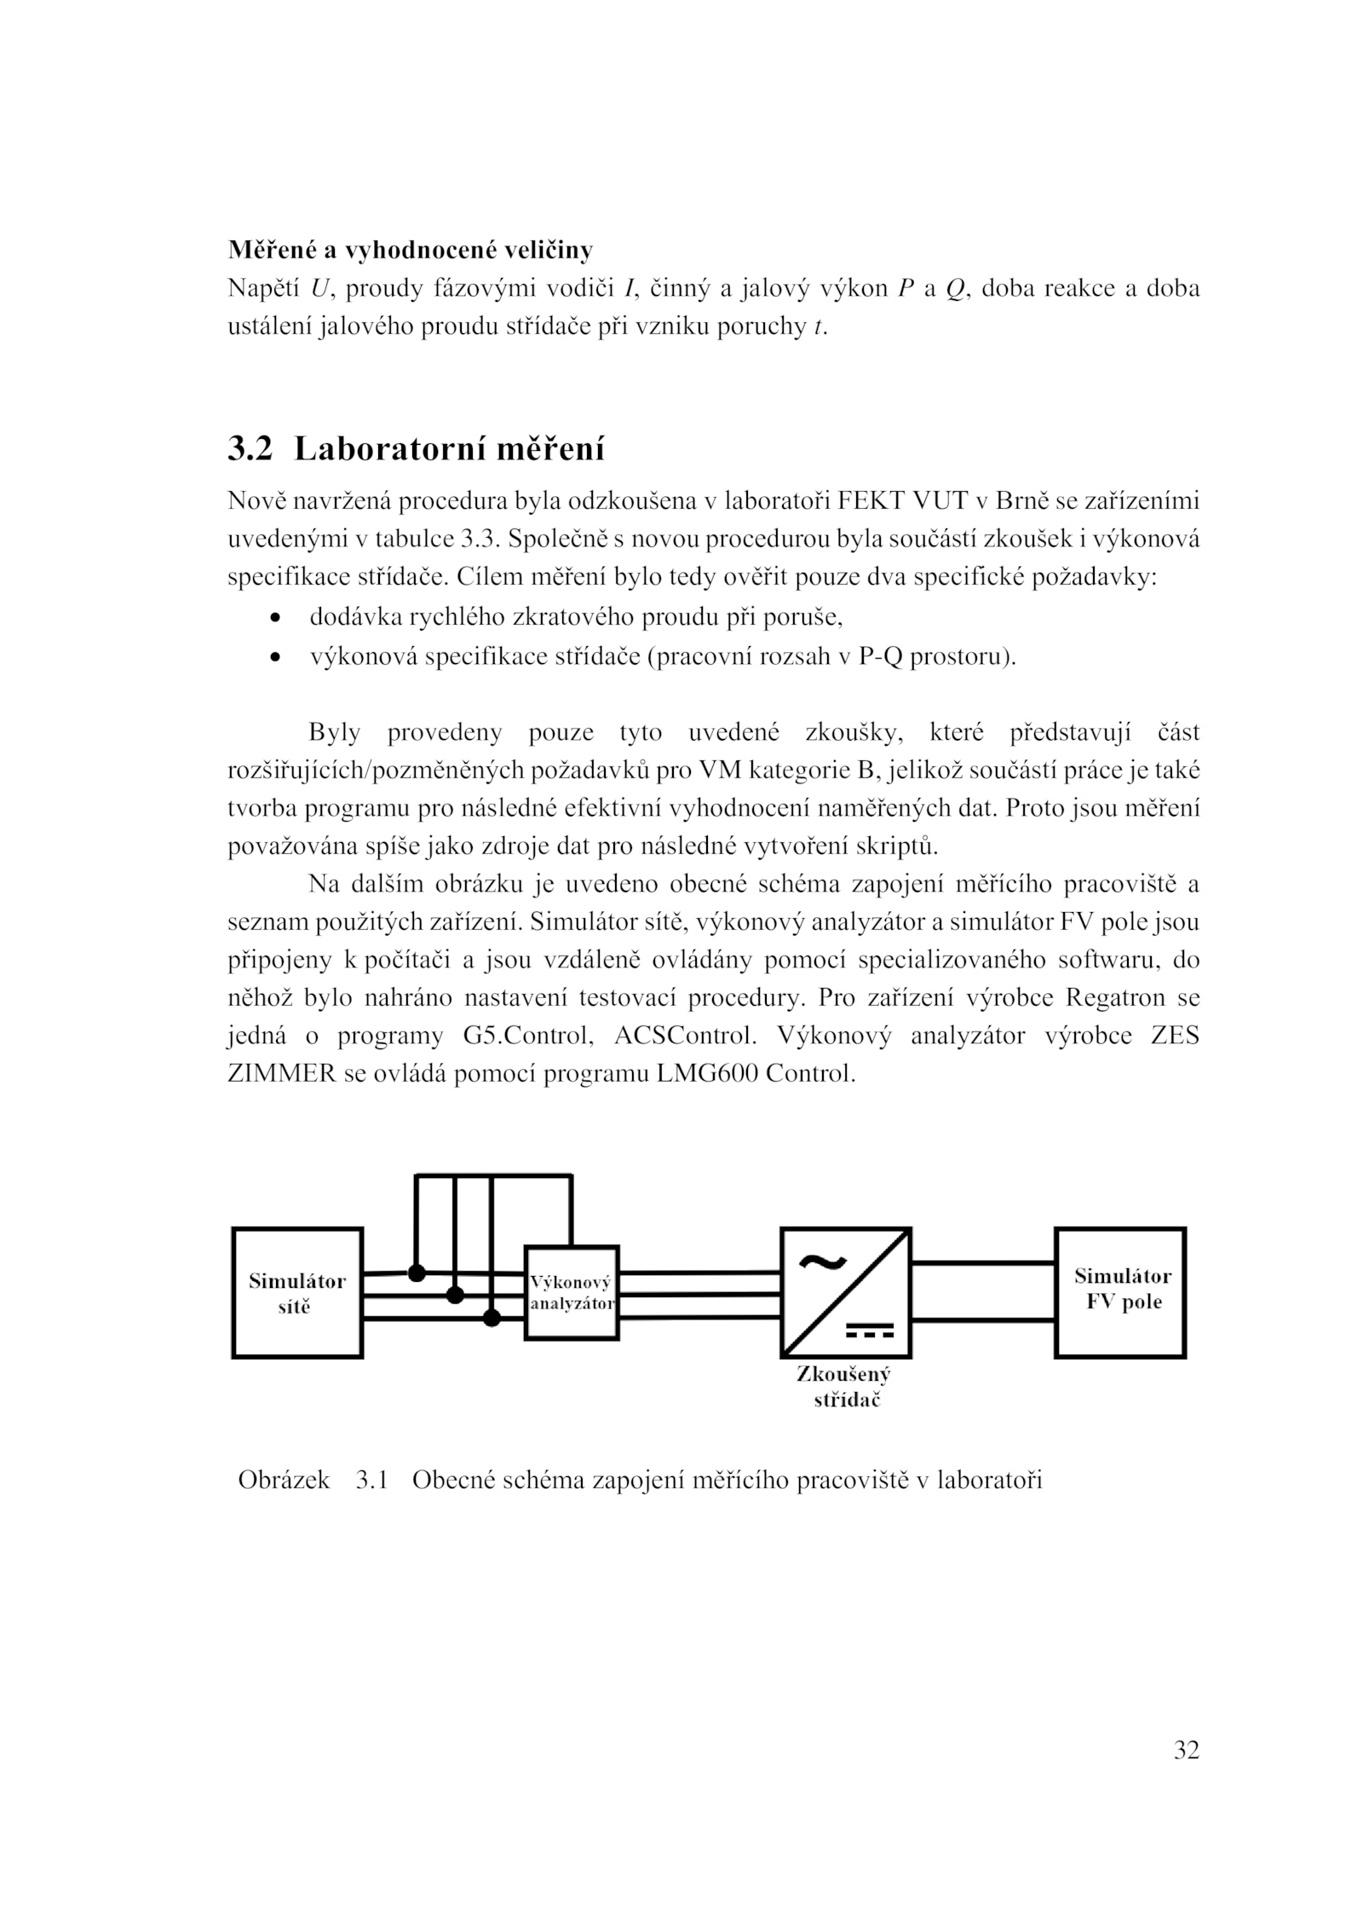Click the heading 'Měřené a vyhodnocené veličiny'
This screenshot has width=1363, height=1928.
410,250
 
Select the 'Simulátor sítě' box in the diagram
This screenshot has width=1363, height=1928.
297,1293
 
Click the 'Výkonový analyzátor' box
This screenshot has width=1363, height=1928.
571,1293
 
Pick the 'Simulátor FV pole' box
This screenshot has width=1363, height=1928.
1121,1293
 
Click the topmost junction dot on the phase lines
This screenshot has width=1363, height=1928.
417,1273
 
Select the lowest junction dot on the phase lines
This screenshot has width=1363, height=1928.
492,1319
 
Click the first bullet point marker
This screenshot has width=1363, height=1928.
273,618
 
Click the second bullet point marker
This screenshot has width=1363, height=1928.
273,658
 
